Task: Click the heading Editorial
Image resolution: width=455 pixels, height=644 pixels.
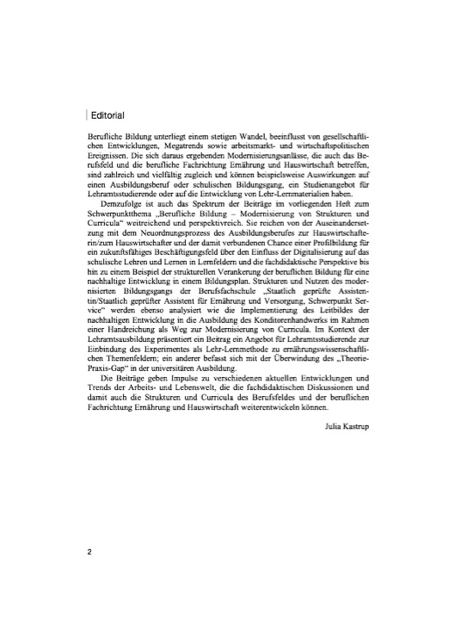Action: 108,115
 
